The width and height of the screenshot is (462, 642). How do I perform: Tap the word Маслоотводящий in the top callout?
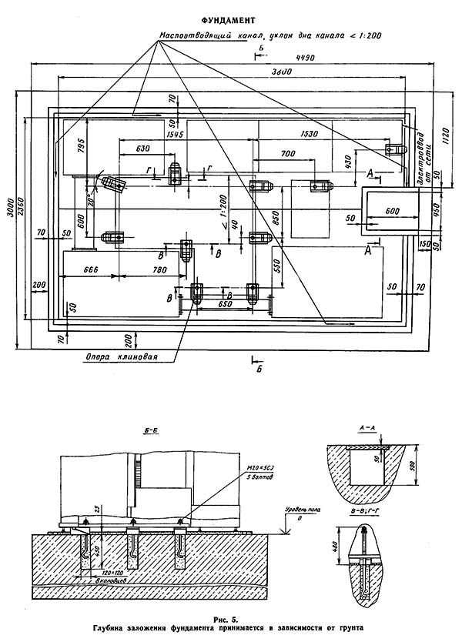[196, 36]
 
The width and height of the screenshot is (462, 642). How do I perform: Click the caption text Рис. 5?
[231, 618]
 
